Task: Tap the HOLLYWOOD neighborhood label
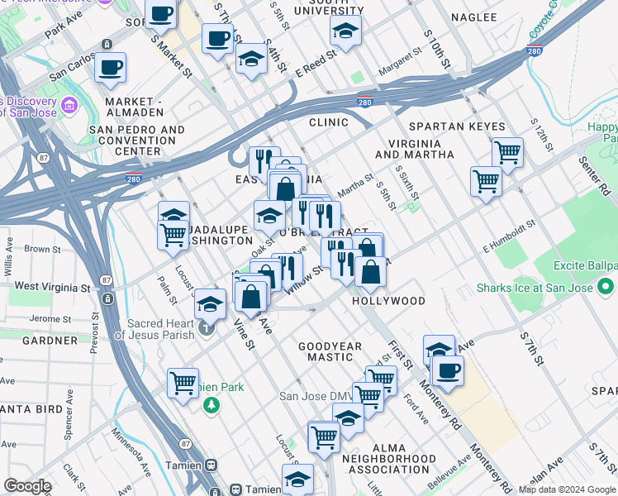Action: click(x=388, y=301)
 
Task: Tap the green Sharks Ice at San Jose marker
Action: click(x=606, y=289)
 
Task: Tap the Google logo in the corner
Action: click(x=27, y=486)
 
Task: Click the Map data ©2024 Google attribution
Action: click(x=567, y=489)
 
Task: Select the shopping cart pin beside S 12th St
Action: click(x=507, y=151)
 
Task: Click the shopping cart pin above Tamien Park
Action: click(x=183, y=382)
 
